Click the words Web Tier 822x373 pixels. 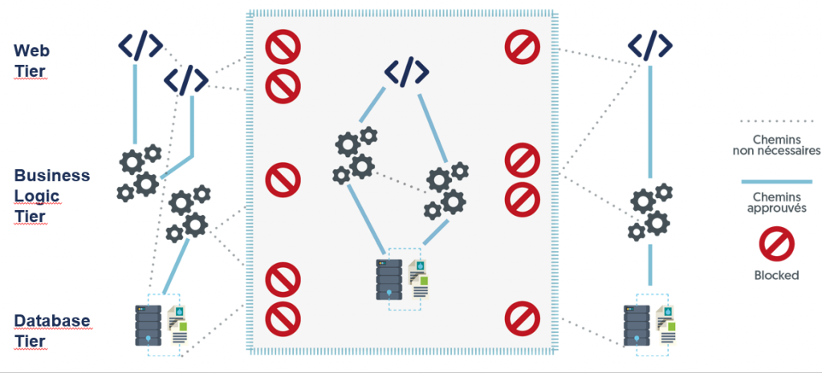32,61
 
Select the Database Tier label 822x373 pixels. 52,330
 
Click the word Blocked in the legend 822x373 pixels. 776,275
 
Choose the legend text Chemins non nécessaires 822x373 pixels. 776,144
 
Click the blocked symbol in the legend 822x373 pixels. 776,244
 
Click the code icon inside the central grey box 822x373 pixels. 406,71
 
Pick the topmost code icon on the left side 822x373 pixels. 140,46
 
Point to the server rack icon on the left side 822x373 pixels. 149,325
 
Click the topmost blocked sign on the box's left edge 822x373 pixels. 283,47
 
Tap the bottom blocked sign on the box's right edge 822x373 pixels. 523,318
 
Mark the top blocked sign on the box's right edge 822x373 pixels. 523,47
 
